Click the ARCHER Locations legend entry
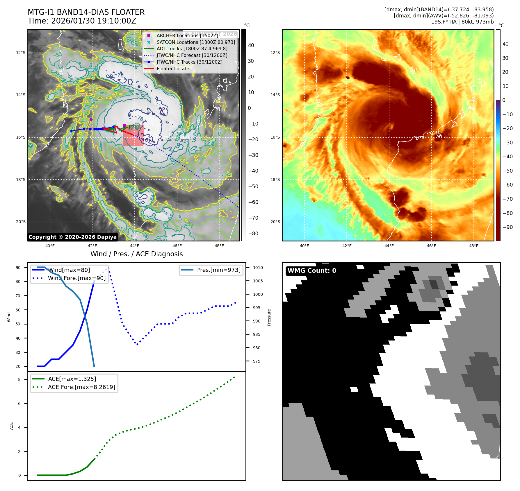pos(187,35)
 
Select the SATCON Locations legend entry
pos(196,42)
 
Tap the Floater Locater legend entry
pos(174,69)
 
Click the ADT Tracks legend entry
pos(192,49)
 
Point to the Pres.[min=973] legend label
pos(219,270)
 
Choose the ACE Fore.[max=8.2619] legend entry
pos(81,387)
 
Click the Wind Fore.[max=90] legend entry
pos(77,278)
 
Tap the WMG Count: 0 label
pos(312,271)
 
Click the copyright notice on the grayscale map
pos(72,237)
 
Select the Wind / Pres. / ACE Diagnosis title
pos(137,254)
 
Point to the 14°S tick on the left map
pos(21,95)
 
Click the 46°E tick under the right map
pos(431,246)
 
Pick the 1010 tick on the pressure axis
pos(258,268)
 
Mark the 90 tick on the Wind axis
pos(18,268)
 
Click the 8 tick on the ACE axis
pos(19,379)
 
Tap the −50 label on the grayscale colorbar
pos(253,187)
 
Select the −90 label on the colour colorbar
pos(507,227)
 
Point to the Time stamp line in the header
pos(82,21)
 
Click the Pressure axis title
pos(269,317)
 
